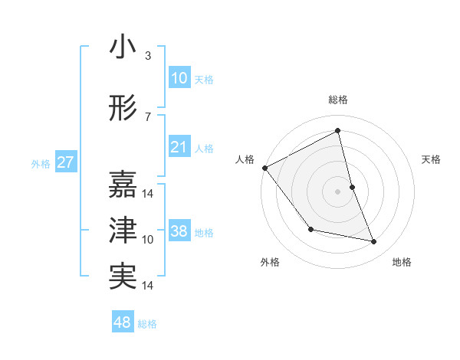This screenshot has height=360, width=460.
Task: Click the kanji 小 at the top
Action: coord(122,48)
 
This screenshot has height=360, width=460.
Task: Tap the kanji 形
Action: coord(122,110)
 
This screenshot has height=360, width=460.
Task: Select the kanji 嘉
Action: coord(122,184)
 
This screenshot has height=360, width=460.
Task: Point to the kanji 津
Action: coord(122,230)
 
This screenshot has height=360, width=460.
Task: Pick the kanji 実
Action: coord(122,276)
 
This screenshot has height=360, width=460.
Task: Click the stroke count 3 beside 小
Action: coord(147,56)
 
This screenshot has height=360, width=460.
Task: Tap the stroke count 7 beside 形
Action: coord(147,117)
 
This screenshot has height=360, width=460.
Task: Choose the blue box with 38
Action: coord(179,231)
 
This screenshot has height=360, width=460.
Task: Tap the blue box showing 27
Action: coord(65,162)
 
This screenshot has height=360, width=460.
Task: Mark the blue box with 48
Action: coord(123,322)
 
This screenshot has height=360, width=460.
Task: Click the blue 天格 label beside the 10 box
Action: coord(204,79)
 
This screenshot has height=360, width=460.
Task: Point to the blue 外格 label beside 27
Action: coord(41,164)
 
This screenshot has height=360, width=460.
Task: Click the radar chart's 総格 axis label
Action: coord(337,100)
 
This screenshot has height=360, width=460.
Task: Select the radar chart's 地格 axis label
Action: coord(402,262)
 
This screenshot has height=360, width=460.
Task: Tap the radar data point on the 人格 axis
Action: coord(264,168)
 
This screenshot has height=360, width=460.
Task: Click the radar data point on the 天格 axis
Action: coord(352,187)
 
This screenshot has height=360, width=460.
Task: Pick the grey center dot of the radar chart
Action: coord(337,191)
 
